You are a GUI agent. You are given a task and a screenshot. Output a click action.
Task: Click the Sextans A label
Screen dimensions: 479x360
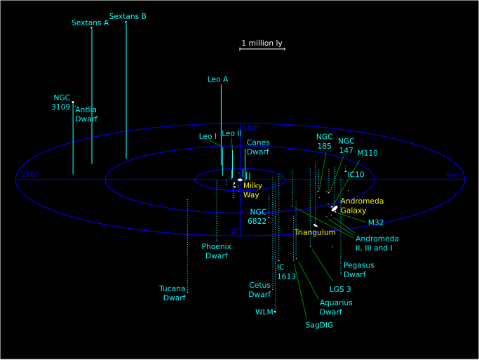coord(90,23)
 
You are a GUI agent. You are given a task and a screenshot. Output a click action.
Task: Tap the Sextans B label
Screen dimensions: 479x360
coord(128,17)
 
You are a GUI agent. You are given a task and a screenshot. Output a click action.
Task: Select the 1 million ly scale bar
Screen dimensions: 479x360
coord(262,49)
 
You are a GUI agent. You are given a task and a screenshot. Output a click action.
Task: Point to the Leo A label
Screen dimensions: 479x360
coord(218,79)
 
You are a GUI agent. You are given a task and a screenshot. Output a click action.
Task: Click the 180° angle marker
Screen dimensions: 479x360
coord(251,128)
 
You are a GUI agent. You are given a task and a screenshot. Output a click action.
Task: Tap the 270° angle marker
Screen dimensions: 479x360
coord(29,175)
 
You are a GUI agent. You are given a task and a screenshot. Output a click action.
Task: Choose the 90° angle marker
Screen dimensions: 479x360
coord(453,175)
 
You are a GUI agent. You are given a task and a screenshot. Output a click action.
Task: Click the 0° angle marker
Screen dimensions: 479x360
coord(235,231)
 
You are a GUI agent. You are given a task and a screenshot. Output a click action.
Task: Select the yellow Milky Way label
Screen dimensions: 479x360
coord(252,190)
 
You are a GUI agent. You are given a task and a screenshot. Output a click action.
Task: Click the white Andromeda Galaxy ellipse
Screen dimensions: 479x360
coord(335,208)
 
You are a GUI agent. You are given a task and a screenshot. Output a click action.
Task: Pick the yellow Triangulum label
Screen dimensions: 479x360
coord(315,232)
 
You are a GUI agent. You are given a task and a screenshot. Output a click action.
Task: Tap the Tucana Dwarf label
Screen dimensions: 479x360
coord(173,293)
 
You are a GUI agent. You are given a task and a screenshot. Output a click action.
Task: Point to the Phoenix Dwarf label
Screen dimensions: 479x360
coord(216,251)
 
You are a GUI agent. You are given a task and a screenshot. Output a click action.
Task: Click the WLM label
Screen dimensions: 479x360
coord(264,312)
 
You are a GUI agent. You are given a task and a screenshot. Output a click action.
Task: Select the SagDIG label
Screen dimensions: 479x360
coord(319,325)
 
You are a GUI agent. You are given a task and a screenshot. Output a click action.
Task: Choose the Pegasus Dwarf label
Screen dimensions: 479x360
coord(358,270)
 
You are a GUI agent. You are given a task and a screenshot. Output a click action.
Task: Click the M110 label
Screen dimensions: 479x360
coord(367,153)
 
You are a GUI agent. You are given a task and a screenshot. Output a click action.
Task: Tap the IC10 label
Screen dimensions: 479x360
coord(356,175)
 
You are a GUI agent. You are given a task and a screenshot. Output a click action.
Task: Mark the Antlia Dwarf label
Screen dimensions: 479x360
coord(86,114)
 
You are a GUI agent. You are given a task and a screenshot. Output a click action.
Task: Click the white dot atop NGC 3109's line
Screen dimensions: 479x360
coord(73,102)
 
